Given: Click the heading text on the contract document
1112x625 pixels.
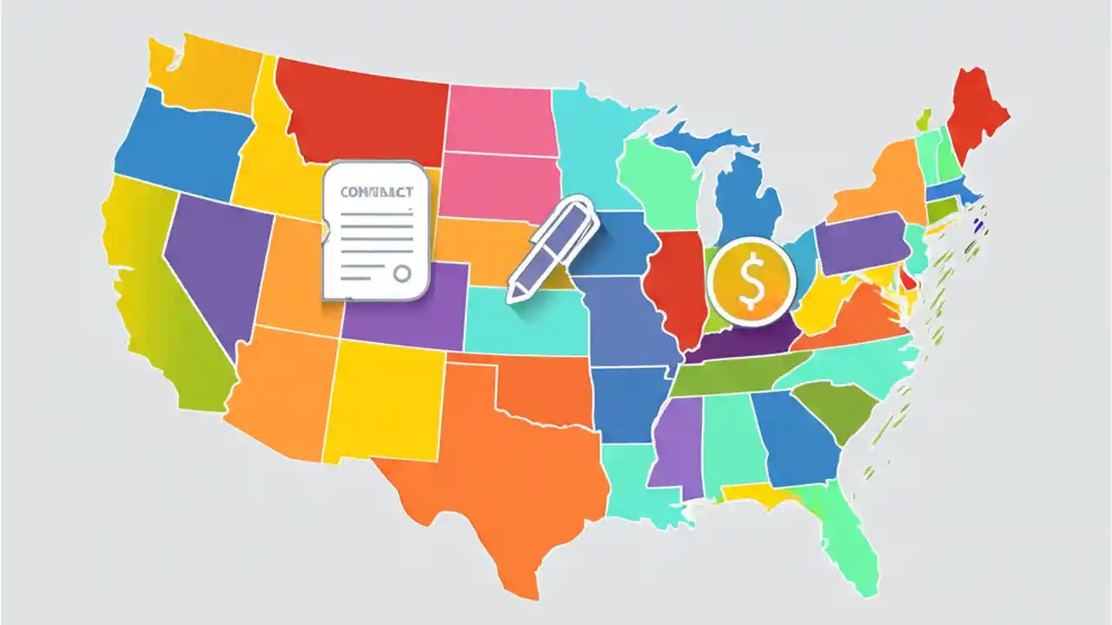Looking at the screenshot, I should (376, 193).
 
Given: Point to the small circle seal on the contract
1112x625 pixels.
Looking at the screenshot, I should (401, 274).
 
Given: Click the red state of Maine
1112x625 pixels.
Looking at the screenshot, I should (977, 113).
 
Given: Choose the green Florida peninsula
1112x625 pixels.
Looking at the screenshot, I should (847, 534).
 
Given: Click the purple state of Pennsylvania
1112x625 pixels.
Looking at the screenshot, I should (860, 243).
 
